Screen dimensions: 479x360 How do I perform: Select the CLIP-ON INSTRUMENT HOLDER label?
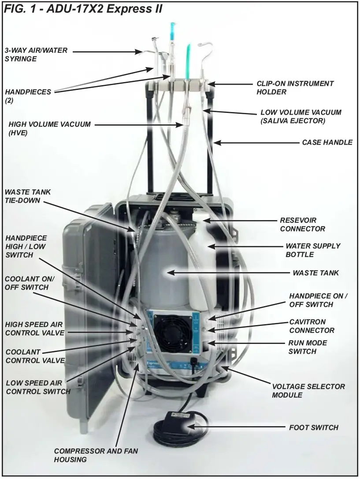click(x=295, y=87)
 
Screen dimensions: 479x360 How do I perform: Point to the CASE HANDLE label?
click(x=327, y=142)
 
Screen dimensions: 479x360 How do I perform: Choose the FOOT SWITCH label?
click(x=313, y=427)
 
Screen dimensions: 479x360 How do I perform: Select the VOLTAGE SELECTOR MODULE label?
click(x=308, y=390)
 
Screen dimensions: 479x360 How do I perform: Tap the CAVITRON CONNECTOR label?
click(x=312, y=326)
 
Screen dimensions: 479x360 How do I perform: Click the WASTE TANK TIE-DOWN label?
click(x=27, y=195)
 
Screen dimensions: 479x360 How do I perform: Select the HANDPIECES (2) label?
click(x=28, y=96)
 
